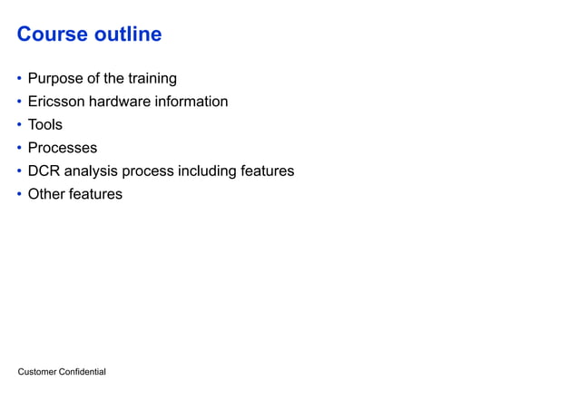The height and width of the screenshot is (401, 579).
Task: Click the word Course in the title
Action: [53, 34]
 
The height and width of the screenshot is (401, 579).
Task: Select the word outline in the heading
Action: [128, 34]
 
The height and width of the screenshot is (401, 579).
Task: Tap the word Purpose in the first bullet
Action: [55, 79]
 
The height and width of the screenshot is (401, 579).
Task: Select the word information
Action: [192, 102]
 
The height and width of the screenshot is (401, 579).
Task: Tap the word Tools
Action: [45, 125]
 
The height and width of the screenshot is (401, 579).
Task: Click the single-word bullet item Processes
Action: [63, 148]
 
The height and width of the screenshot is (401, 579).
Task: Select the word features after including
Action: [267, 171]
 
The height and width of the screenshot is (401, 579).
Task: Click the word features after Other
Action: [95, 194]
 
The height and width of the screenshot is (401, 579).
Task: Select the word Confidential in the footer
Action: [83, 372]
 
